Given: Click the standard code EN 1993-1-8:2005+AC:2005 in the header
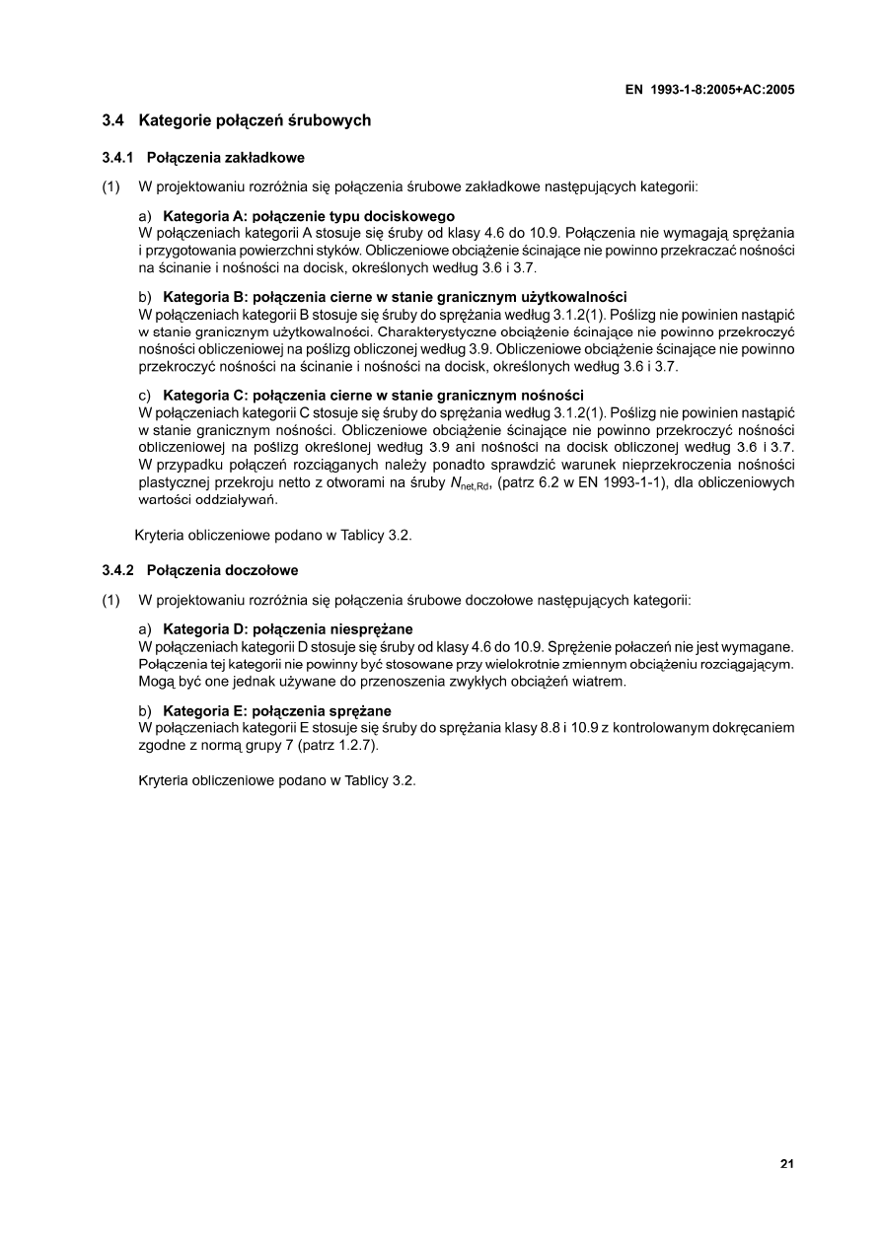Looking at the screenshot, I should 710,89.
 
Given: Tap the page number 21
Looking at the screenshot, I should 787,1164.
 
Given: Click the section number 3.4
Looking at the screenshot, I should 112,121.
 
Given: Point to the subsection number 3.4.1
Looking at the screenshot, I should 117,157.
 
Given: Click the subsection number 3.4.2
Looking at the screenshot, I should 117,570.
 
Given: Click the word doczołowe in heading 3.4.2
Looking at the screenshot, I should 261,570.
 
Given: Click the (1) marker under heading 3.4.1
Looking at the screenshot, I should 111,185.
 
